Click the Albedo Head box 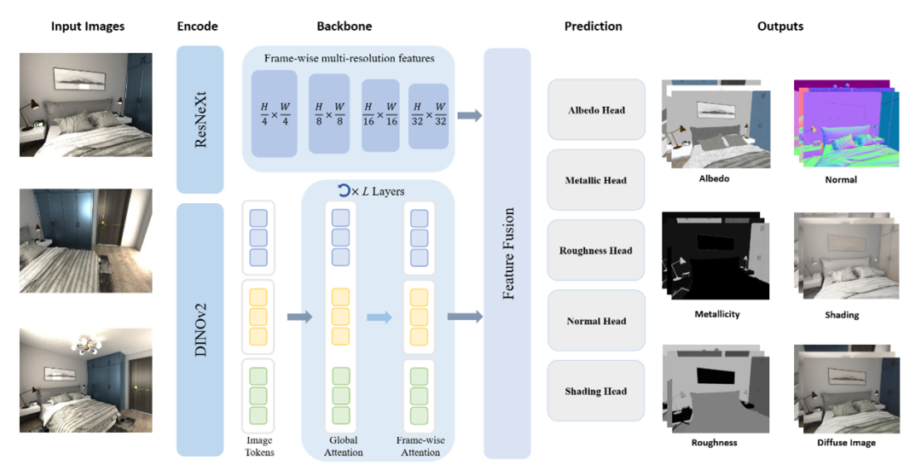(x=596, y=110)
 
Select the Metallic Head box (x=596, y=180)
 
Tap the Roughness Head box (x=596, y=251)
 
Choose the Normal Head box (x=596, y=321)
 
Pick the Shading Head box (x=596, y=391)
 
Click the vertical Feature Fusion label (x=508, y=253)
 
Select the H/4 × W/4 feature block (x=275, y=114)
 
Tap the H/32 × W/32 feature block (x=428, y=114)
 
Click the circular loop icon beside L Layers (x=344, y=191)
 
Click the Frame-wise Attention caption (x=419, y=446)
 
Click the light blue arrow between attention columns (x=379, y=317)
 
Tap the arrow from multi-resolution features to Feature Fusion (x=469, y=115)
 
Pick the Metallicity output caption (x=717, y=314)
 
